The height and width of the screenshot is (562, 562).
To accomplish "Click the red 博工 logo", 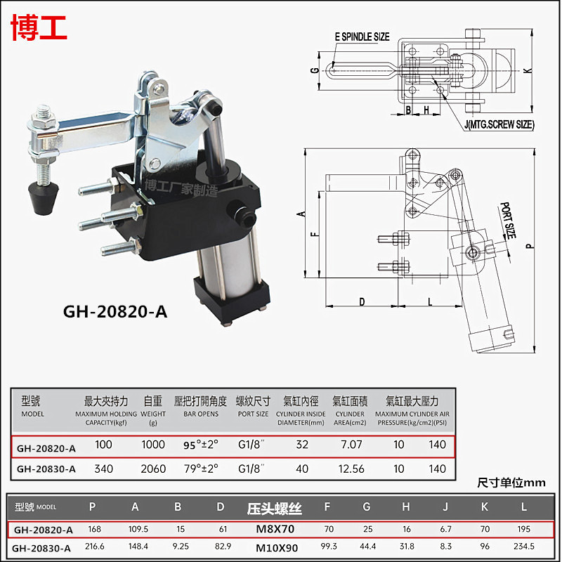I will [x=39, y=26].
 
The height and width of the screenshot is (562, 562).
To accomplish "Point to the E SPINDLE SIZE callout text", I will [x=362, y=37].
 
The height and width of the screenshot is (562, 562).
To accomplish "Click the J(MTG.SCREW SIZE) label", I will [x=499, y=124].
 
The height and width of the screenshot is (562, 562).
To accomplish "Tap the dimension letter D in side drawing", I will [x=362, y=301].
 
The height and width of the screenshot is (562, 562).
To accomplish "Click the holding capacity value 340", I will [x=104, y=469].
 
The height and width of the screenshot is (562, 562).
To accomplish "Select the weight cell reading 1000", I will [x=153, y=445].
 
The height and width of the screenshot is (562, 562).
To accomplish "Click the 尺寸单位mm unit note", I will [x=511, y=483].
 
